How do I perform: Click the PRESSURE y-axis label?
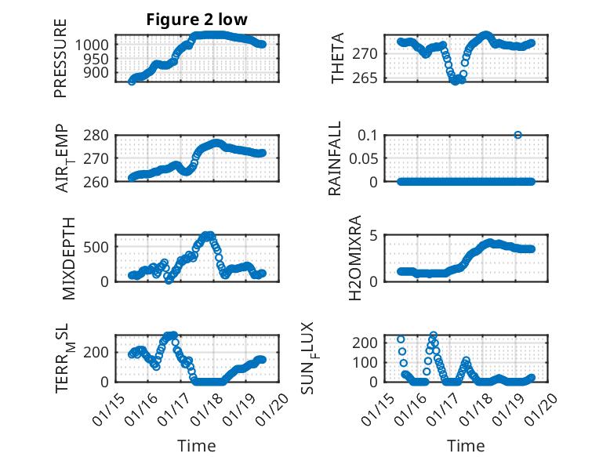61,59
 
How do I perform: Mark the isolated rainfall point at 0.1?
517,135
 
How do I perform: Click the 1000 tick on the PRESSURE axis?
96,45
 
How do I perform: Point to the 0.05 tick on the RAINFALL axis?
365,158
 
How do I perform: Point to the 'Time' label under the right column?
466,446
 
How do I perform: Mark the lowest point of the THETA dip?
455,82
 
